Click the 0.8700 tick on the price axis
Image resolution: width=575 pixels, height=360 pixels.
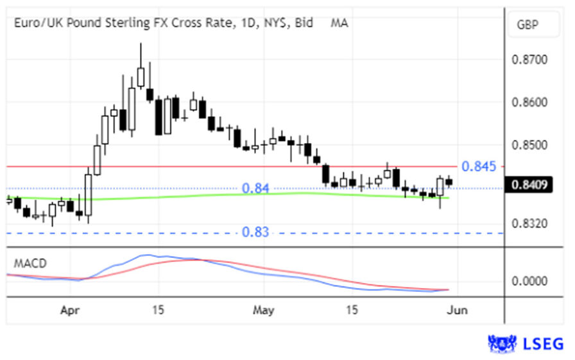click(x=530, y=60)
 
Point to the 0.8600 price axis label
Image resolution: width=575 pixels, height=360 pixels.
click(x=530, y=103)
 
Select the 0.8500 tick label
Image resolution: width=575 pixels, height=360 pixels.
click(x=530, y=145)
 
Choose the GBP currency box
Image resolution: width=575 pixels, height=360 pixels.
click(x=529, y=25)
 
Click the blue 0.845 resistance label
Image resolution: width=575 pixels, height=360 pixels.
click(x=479, y=167)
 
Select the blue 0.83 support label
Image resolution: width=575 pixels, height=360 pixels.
click(x=255, y=232)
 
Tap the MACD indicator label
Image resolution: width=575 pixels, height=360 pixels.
click(x=30, y=263)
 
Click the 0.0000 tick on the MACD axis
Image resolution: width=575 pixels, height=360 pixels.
click(x=530, y=281)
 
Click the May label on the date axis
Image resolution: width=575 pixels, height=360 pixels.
click(x=264, y=311)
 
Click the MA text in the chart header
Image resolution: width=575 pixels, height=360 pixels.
click(x=339, y=23)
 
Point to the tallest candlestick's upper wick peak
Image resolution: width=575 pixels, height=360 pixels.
click(x=141, y=44)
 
